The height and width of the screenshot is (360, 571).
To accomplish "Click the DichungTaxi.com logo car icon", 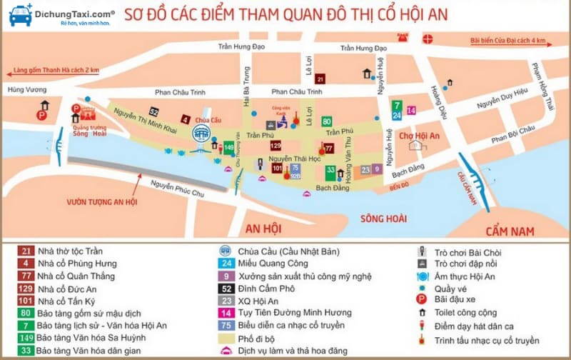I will (19, 15).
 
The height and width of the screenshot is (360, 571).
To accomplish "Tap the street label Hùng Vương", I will (21, 90).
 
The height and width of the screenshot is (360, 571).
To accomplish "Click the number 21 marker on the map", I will (320, 79).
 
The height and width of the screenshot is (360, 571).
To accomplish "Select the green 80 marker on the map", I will (326, 121).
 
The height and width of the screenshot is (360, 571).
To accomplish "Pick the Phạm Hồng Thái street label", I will (542, 84).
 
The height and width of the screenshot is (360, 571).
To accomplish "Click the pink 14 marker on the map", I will (411, 110).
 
